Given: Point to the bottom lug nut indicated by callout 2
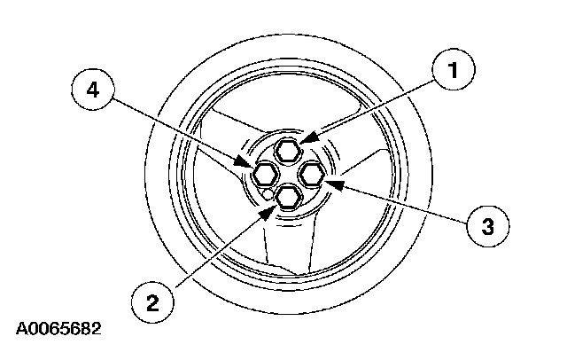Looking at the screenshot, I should coord(286,198).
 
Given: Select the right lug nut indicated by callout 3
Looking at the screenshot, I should coord(312,175).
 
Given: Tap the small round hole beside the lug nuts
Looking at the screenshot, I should coord(265,192).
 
